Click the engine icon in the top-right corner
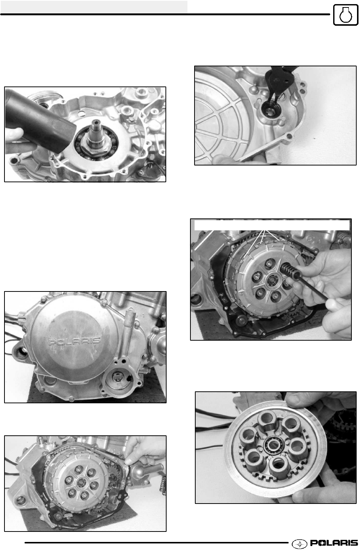[345, 15]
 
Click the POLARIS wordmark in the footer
[334, 543]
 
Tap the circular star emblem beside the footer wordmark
[299, 544]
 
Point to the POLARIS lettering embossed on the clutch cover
[75, 341]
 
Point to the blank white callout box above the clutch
[272, 225]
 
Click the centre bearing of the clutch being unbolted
[272, 280]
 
